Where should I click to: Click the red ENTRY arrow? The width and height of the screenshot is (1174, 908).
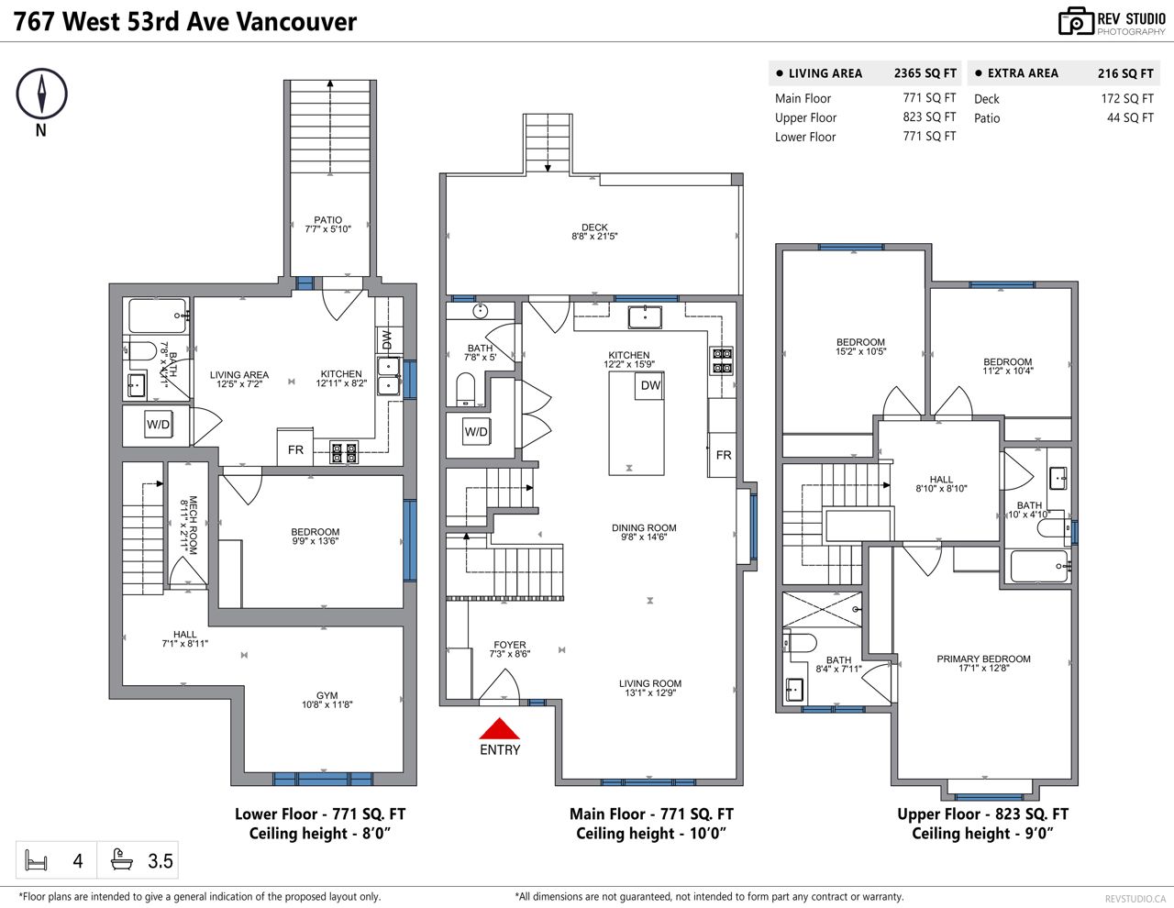[x=499, y=728]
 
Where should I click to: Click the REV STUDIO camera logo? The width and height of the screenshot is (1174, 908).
[x=1076, y=22]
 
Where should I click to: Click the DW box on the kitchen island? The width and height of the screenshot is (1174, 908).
[x=650, y=385]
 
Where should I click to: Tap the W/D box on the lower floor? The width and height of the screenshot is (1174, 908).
[x=159, y=425]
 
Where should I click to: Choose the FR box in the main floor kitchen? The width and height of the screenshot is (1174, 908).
[x=723, y=455]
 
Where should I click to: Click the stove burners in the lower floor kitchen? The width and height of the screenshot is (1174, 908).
[x=344, y=453]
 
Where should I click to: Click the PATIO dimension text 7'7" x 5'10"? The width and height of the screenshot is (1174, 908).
[x=328, y=229]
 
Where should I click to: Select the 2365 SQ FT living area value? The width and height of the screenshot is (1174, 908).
[x=925, y=73]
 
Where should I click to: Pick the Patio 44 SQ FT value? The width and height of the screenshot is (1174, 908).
[x=1130, y=117]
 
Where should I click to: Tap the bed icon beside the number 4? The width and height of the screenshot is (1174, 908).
[x=36, y=861]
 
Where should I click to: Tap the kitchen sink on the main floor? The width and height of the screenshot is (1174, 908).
[x=645, y=317]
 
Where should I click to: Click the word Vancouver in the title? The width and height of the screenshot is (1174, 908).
[x=296, y=22]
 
